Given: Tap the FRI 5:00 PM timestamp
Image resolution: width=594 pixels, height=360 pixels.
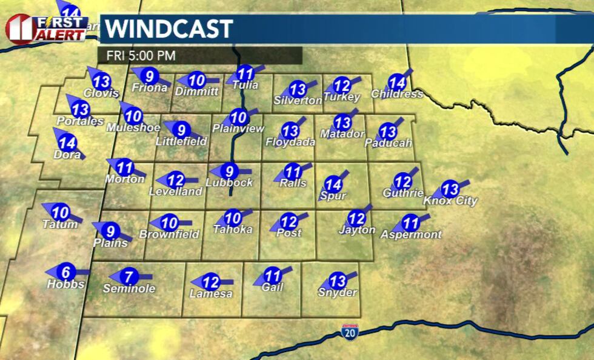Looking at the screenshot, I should tap(141, 55).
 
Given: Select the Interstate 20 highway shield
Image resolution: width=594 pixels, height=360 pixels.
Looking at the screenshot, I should tap(349, 331).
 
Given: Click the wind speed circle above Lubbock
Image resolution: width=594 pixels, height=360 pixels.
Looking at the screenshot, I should tap(230, 172).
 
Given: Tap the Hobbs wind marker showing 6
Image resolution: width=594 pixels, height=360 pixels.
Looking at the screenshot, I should tap(67, 273).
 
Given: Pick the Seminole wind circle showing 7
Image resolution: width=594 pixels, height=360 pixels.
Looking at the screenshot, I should tap(128, 277).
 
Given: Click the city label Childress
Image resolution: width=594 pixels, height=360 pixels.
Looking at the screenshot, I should tap(397, 94).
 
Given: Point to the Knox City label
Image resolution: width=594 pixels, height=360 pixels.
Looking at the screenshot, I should tap(450, 201).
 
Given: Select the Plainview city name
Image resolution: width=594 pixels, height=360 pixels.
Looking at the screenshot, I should tap(238, 128).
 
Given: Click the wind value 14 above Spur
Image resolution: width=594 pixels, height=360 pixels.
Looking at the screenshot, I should tap(333, 184).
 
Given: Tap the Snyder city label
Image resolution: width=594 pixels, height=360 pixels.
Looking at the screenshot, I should tap(338, 293).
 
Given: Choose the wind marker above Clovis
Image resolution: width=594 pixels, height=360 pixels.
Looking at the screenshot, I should tap(102, 81).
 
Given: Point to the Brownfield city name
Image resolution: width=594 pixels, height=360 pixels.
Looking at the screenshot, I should tap(169, 234).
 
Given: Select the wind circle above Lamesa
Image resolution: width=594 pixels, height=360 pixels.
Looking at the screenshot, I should tap(210, 282).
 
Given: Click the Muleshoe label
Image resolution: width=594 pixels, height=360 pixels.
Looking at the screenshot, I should tap(133, 127).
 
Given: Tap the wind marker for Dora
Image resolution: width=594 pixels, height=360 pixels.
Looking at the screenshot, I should tap(67, 144).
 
